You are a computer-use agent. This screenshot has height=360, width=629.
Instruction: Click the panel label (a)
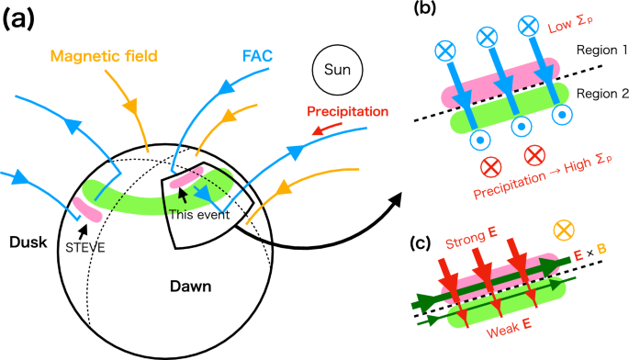point(21,20)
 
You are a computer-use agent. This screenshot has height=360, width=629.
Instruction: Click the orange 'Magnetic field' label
point(106,58)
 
